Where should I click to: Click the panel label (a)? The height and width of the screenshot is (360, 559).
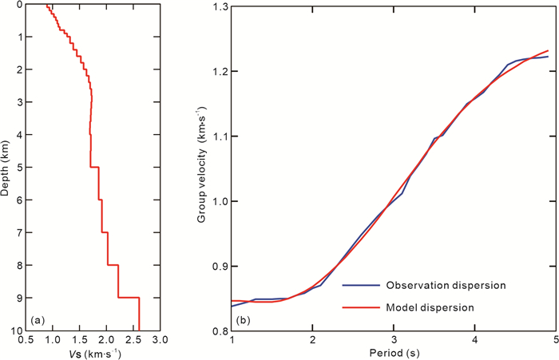coord(36,321)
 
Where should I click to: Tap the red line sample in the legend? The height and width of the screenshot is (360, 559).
coord(359,307)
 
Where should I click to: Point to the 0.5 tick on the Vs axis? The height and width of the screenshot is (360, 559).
coord(28,338)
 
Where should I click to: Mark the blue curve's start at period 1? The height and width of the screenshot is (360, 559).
coord(232,307)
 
